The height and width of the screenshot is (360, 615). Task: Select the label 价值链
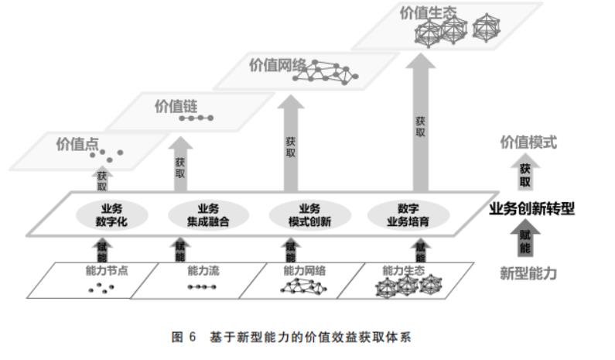(172, 106)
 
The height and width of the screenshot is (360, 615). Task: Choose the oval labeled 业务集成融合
(207, 214)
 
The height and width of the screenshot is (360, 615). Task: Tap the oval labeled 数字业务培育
(408, 214)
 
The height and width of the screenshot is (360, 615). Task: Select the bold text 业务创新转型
(532, 208)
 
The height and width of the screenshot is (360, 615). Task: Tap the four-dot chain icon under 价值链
(196, 118)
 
